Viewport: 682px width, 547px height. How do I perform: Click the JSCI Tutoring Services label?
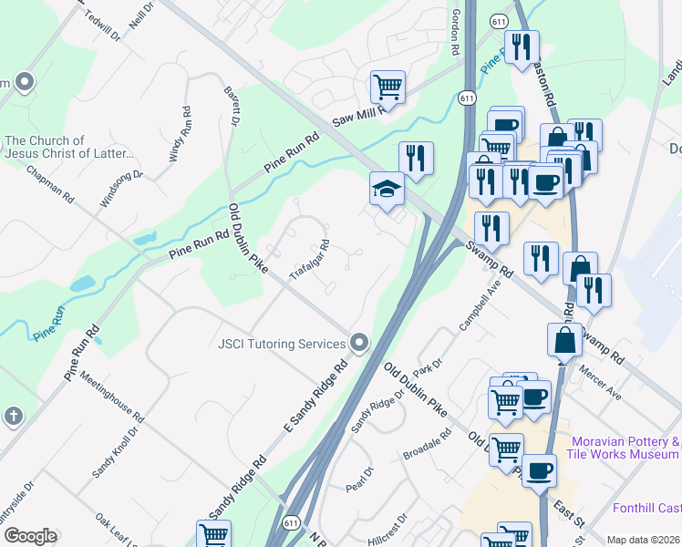[282, 344]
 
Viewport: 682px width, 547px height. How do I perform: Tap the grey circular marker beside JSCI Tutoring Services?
[359, 344]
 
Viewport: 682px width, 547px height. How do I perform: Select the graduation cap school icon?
[387, 190]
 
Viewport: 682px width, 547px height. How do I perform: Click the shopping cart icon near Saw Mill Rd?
[387, 88]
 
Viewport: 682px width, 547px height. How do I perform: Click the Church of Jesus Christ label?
[69, 147]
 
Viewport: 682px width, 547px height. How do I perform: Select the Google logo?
[30, 536]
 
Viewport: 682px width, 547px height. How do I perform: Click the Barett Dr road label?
[233, 105]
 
